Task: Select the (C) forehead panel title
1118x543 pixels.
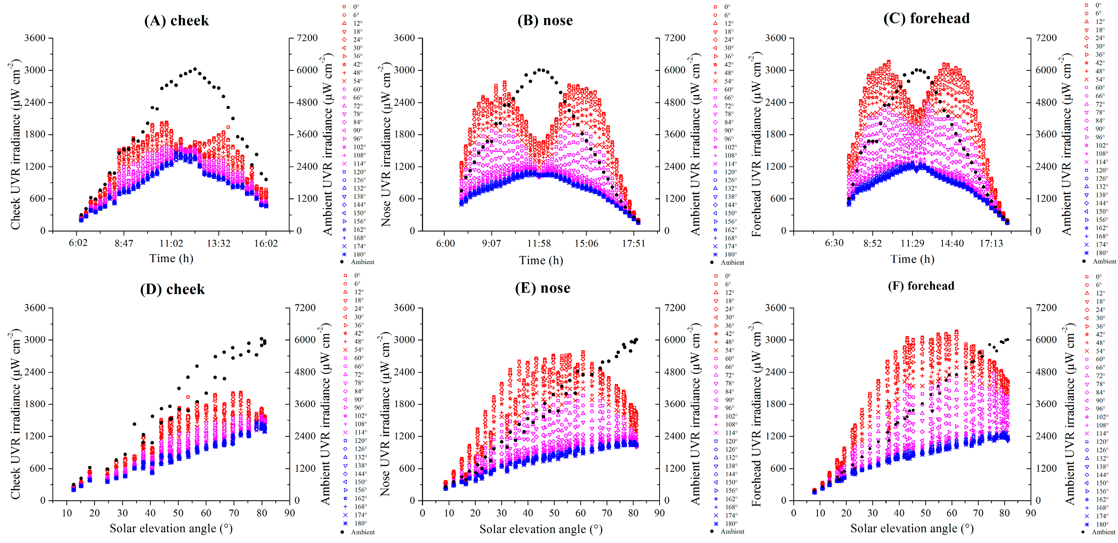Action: pyautogui.click(x=926, y=18)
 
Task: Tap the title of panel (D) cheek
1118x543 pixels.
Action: pyautogui.click(x=172, y=289)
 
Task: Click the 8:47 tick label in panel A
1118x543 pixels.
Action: pyautogui.click(x=124, y=243)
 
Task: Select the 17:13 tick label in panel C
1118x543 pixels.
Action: pyautogui.click(x=991, y=243)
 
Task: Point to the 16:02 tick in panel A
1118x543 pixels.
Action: pyautogui.click(x=266, y=243)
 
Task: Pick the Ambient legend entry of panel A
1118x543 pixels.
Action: pyautogui.click(x=357, y=262)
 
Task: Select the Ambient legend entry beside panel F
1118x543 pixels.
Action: pyautogui.click(x=1098, y=532)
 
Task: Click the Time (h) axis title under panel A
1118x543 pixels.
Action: pyautogui.click(x=171, y=259)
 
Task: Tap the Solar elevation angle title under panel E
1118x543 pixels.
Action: pyautogui.click(x=541, y=529)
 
